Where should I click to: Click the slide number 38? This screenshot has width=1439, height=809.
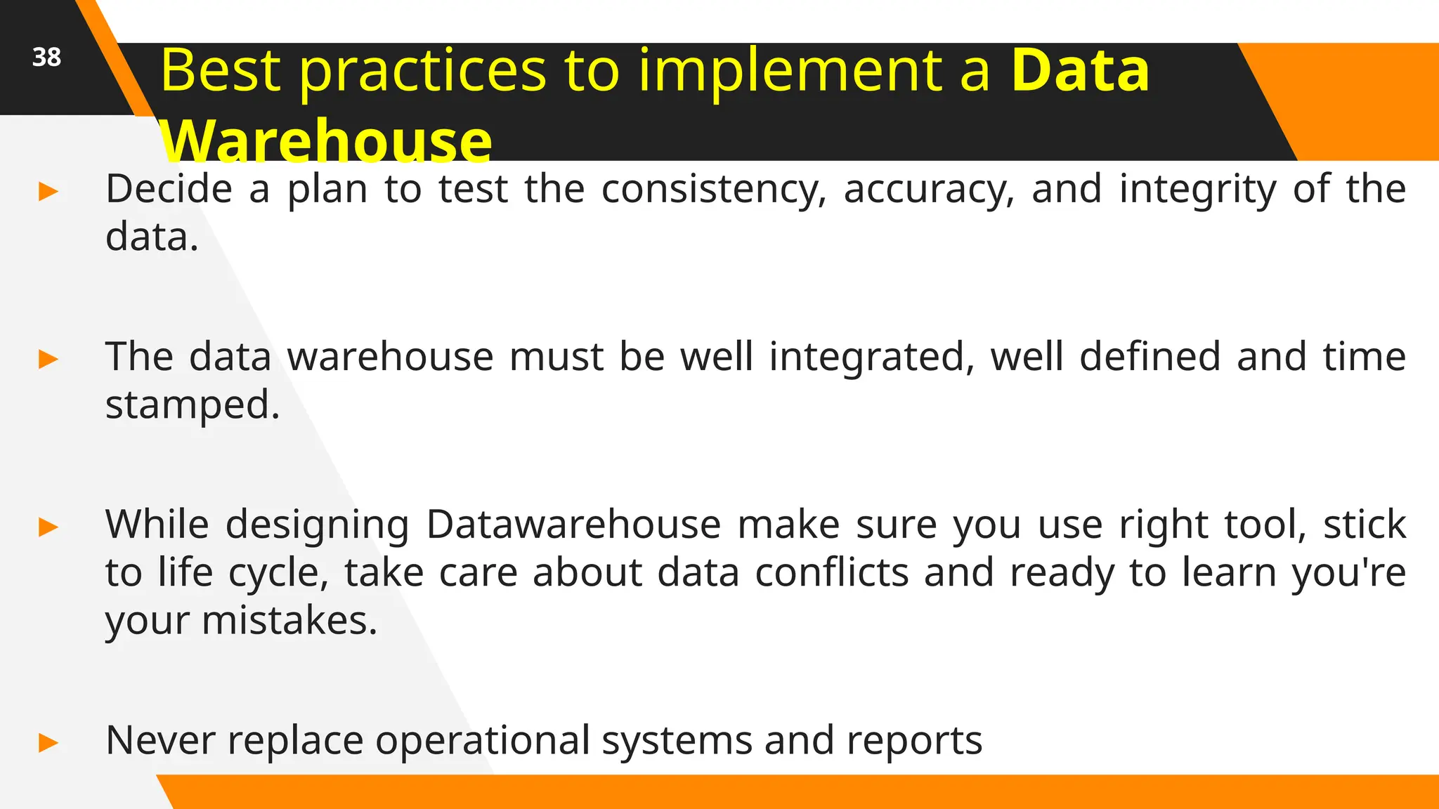[x=46, y=58]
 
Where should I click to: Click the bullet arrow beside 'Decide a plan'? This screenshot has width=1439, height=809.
[x=48, y=191]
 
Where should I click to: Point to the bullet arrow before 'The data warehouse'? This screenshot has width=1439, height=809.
[x=48, y=359]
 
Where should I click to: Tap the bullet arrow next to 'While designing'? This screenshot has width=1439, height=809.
[x=48, y=527]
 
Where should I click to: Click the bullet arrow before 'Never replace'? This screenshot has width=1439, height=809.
[x=48, y=742]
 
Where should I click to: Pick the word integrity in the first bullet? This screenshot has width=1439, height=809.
[x=1197, y=190]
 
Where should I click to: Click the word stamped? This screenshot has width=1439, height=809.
[x=192, y=406]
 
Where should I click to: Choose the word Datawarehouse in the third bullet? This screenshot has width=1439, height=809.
[x=573, y=525]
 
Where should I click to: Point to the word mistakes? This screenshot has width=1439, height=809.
[x=289, y=621]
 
